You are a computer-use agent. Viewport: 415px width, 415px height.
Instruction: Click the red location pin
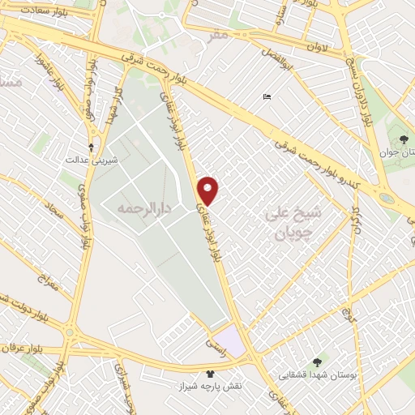coord(209,190)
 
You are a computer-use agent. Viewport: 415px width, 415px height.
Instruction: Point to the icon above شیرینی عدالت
coord(91,147)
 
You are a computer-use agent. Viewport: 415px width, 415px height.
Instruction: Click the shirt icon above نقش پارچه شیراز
coord(212,374)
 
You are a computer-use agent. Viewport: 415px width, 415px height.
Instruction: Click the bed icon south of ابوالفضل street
coord(267,98)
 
